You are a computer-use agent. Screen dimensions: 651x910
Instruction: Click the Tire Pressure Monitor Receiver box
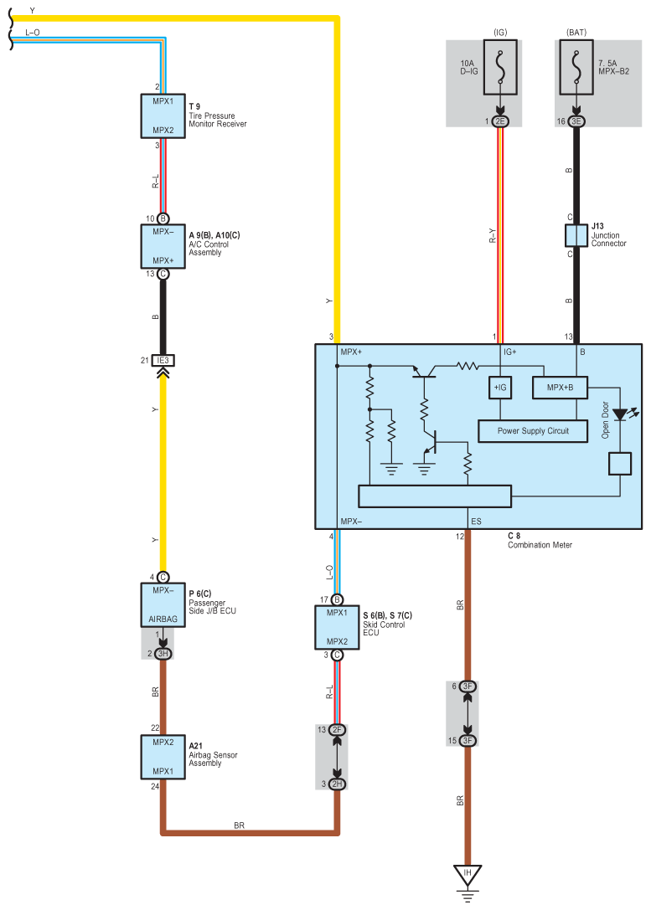163,116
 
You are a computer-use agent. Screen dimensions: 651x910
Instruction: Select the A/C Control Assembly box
163,247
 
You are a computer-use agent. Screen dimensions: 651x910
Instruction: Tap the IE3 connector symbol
163,361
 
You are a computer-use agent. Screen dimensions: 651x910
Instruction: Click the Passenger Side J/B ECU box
163,604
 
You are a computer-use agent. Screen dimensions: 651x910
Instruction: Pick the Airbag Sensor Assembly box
163,757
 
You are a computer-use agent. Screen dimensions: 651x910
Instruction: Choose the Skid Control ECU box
337,627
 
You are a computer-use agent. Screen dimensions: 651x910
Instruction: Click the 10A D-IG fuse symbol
500,67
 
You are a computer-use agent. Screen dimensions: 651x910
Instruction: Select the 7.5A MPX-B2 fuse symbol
576,67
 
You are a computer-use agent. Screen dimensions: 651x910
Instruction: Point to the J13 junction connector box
576,235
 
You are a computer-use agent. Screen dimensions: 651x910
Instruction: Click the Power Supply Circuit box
533,431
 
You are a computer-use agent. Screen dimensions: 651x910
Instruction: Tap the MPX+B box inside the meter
560,388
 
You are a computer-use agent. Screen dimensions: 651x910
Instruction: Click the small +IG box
500,388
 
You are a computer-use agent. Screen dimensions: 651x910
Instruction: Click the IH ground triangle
468,873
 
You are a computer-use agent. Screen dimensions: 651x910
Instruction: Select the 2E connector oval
500,121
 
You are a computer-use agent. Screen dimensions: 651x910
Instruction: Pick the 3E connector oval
576,121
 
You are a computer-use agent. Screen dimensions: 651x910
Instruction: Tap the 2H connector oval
337,784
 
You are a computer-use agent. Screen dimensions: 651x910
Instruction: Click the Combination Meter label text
540,545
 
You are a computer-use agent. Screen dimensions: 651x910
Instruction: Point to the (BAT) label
576,33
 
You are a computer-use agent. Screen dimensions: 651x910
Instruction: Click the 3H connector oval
163,654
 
